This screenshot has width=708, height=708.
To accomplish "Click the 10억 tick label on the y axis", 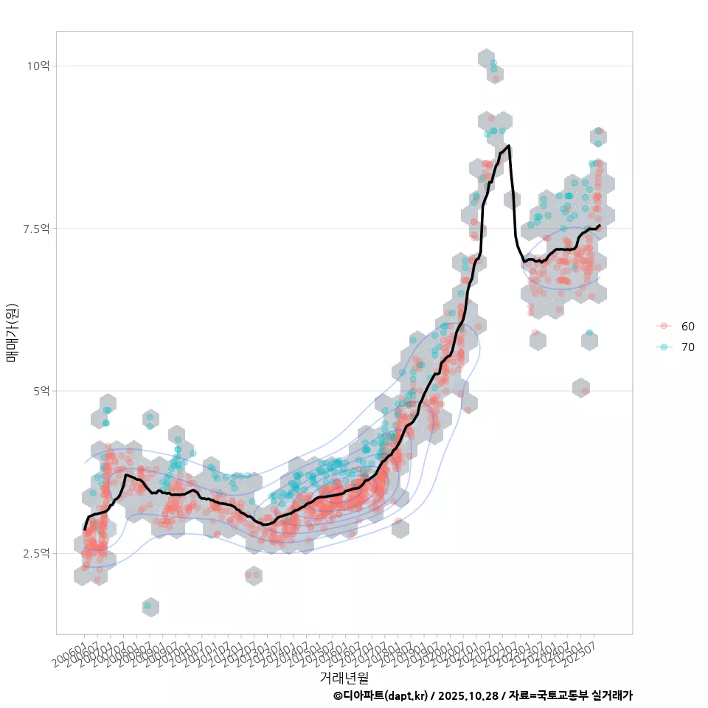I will [38, 66].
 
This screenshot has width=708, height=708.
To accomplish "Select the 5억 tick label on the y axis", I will [41, 391].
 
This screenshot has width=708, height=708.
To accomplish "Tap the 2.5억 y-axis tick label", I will [37, 553].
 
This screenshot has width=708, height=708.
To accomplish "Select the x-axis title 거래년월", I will [344, 677].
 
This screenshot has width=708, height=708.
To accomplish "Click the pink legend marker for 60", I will [664, 326].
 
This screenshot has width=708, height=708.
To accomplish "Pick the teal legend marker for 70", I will [664, 347].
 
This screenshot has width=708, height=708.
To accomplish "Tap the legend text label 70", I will [687, 347].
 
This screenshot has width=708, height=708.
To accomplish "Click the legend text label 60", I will [687, 326].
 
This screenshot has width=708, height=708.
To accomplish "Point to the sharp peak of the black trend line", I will [509, 146].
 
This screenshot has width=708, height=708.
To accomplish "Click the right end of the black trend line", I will [600, 226].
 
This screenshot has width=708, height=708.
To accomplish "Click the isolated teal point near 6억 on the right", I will [589, 333].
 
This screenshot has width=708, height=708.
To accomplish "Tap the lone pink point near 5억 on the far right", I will [584, 390].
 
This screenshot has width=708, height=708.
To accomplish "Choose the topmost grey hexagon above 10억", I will [486, 58].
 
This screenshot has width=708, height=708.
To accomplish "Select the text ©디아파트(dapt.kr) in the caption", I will [380, 695].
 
